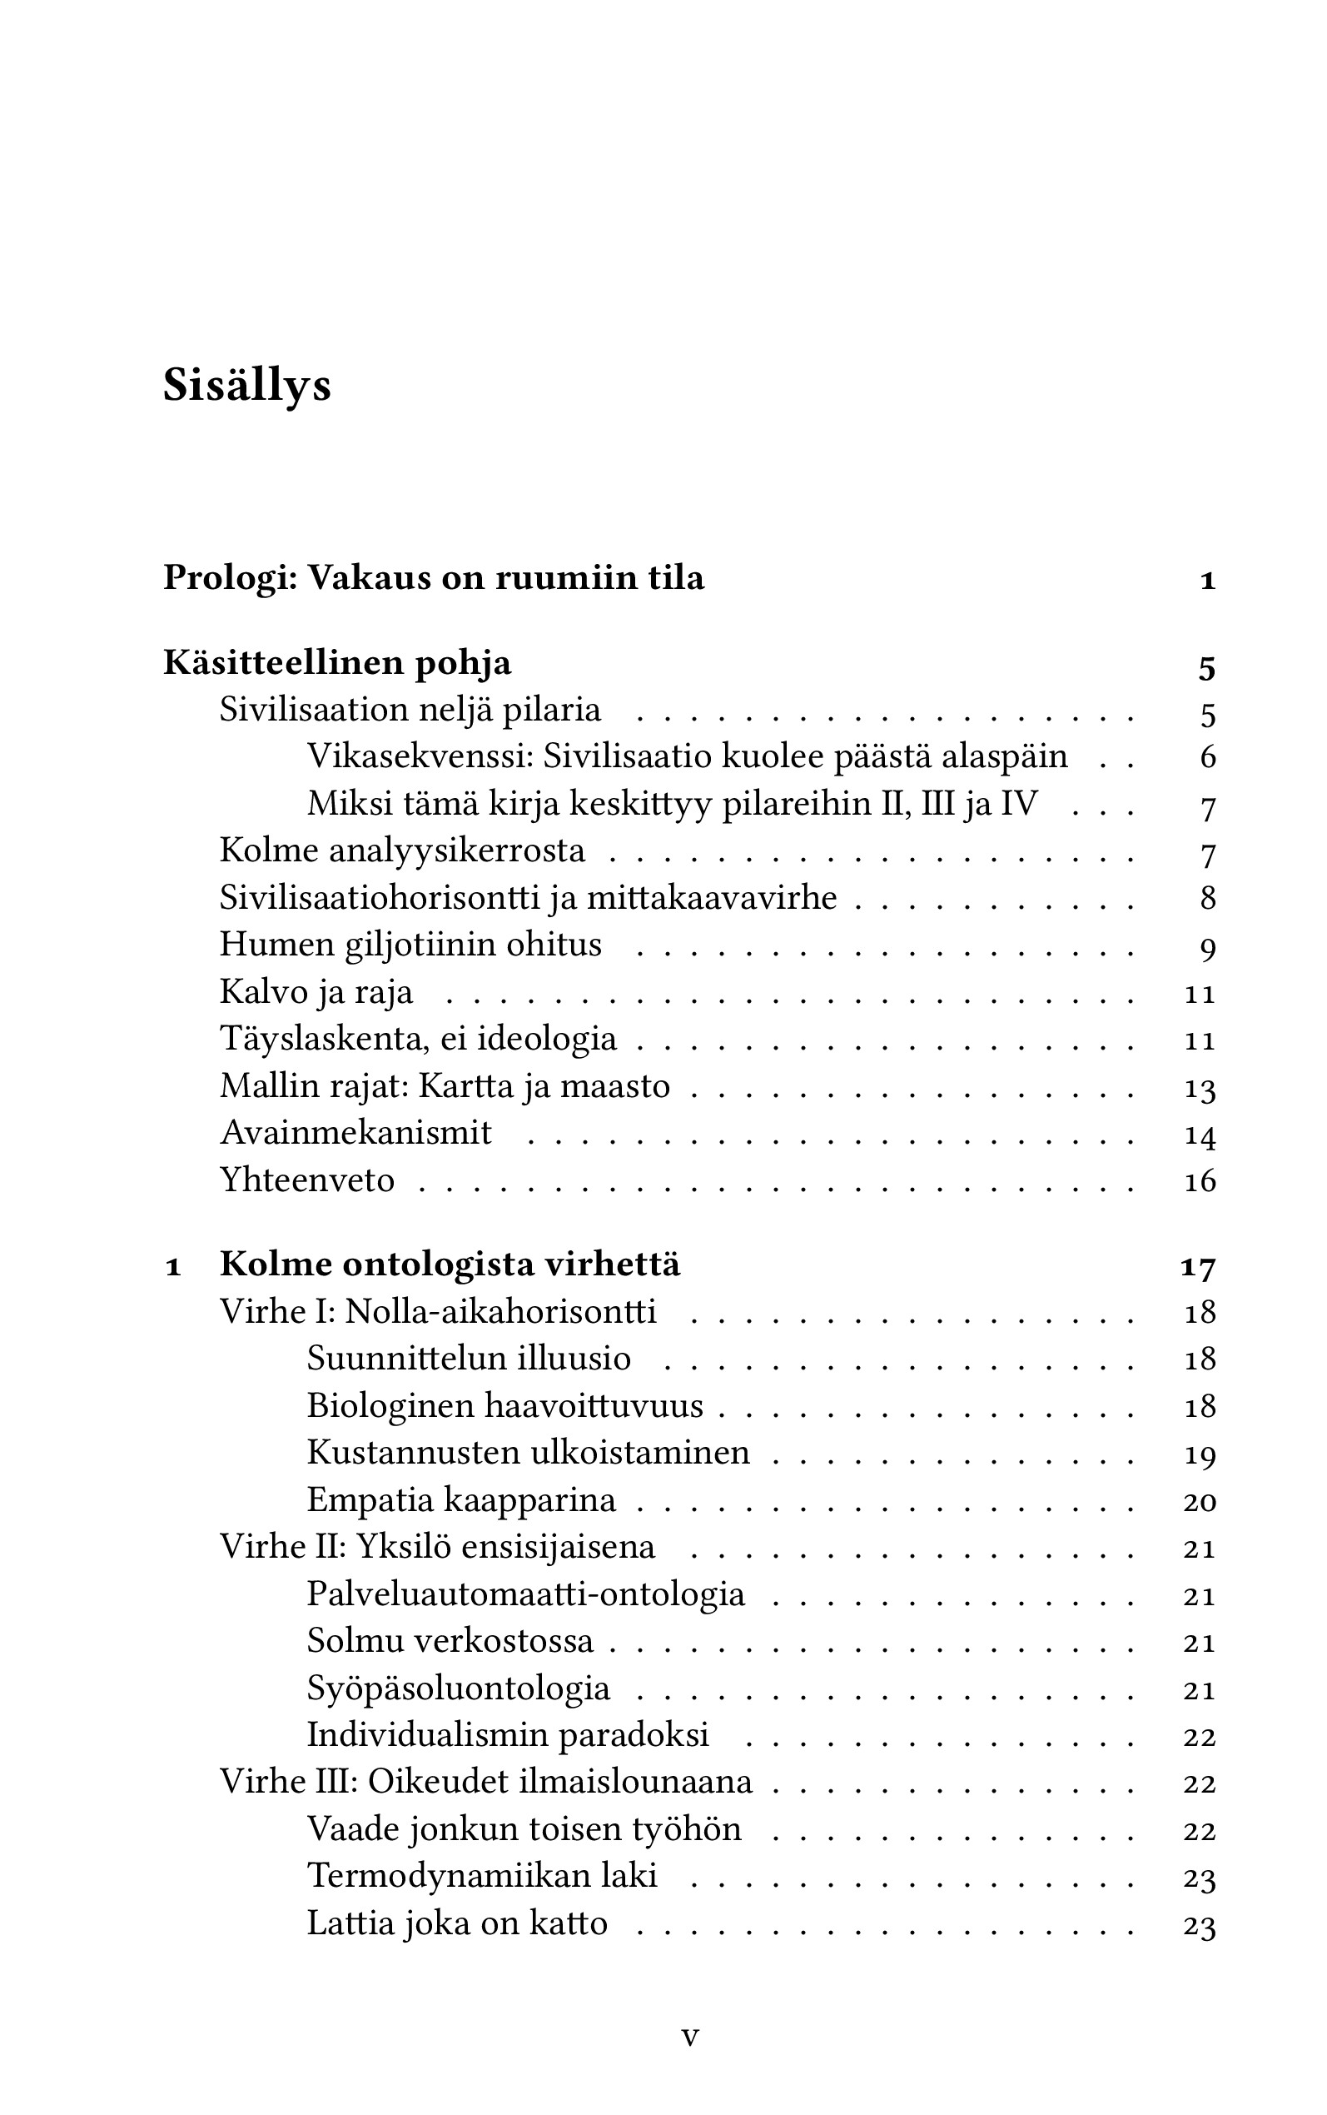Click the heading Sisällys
click(246, 386)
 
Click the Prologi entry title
click(434, 579)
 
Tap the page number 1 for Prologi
click(1208, 581)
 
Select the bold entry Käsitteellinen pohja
click(337, 663)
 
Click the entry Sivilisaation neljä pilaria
click(410, 711)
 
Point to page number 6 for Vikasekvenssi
click(1208, 758)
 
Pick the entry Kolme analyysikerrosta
click(402, 850)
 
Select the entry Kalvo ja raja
click(316, 992)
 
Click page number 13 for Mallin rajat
click(1200, 1089)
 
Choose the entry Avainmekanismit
click(355, 1133)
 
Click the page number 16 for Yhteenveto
click(1200, 1182)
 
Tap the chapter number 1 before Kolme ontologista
click(174, 1267)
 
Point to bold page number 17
click(1198, 1267)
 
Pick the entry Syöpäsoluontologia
click(458, 1688)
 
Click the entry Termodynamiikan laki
click(482, 1875)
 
